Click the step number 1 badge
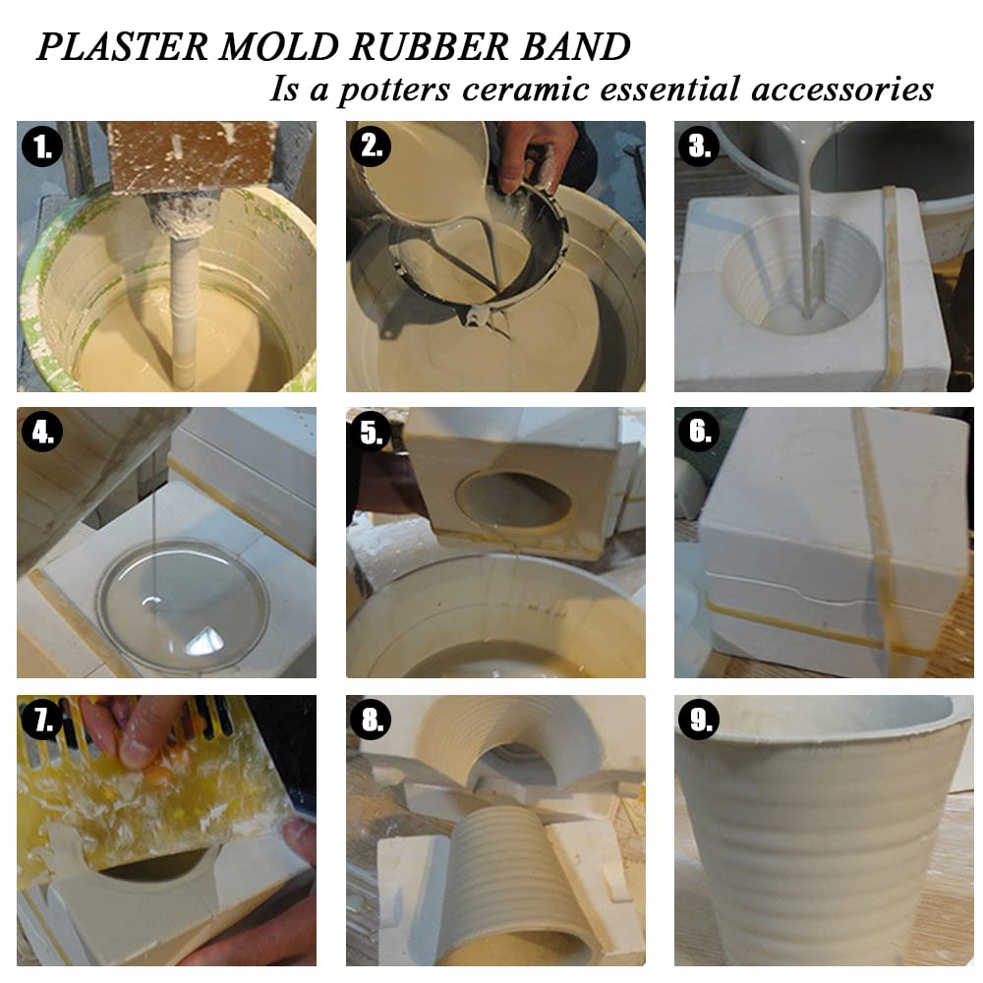(x=41, y=147)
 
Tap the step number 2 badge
(x=371, y=146)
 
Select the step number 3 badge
(x=699, y=146)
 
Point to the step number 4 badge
(x=41, y=434)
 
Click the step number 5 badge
(x=371, y=434)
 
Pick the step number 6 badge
(x=699, y=434)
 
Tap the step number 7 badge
(x=41, y=722)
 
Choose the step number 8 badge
(x=371, y=722)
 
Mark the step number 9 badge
(x=699, y=722)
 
